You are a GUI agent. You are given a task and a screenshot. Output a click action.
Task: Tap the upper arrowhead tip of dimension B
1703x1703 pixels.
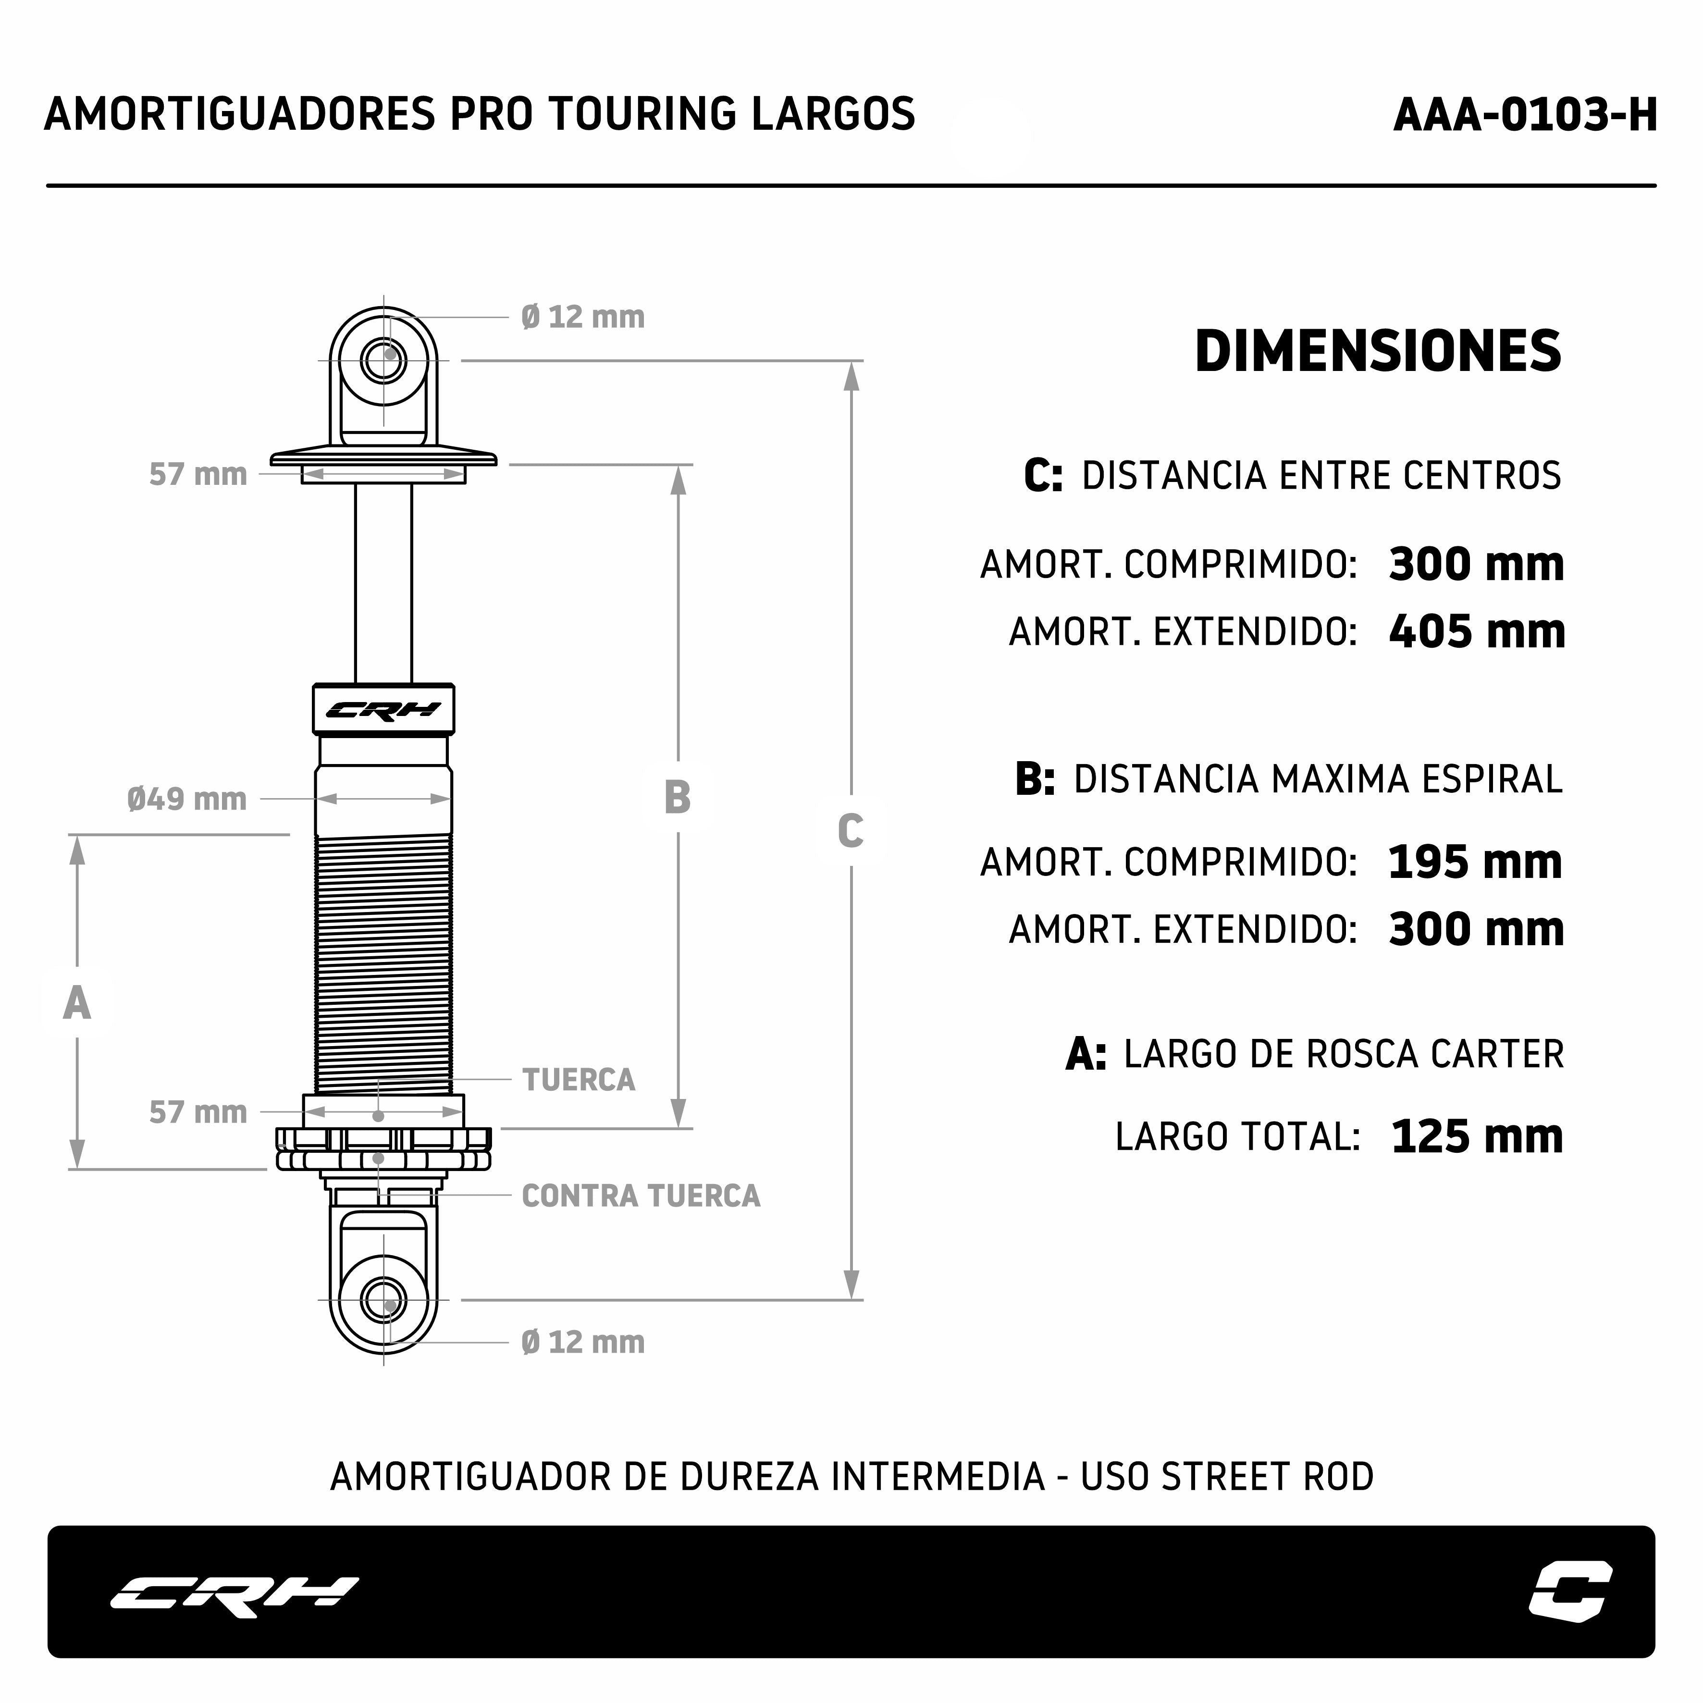click(678, 466)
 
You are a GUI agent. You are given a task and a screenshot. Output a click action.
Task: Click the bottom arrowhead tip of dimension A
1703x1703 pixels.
click(77, 1168)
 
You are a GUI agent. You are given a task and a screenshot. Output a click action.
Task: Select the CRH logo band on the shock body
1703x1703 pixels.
click(383, 709)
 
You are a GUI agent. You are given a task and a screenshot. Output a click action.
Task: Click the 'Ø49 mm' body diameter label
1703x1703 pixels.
click(187, 799)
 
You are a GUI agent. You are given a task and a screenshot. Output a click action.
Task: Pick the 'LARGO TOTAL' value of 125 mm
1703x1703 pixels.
click(1477, 1136)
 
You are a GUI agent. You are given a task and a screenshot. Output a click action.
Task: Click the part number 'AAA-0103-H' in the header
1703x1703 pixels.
click(1525, 114)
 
